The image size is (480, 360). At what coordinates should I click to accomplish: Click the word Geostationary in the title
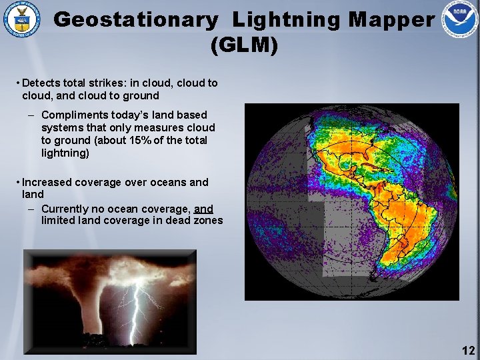(x=135, y=20)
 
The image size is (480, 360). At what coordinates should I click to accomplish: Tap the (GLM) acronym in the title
(x=243, y=45)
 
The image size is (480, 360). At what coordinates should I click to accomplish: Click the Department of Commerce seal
(x=21, y=20)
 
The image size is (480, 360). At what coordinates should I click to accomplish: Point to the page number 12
(x=468, y=351)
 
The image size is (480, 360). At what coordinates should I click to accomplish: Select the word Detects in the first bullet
(x=41, y=83)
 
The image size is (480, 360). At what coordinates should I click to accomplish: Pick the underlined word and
(x=203, y=208)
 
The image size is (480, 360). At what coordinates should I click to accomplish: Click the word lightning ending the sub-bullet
(x=65, y=153)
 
